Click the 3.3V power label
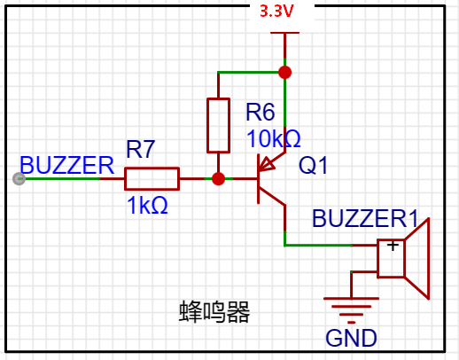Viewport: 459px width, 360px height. coord(276,12)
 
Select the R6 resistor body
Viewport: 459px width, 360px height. coord(218,126)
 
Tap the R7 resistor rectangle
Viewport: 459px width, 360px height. coord(152,178)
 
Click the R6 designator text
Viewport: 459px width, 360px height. coord(261,113)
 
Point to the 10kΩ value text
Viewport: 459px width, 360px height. coord(274,138)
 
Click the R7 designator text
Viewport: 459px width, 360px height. coord(141,149)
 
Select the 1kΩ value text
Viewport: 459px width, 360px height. coord(147,205)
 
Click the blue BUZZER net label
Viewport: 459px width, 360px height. coord(66,165)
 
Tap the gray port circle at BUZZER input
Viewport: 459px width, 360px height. coord(19,179)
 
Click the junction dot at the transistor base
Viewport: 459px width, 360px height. coord(218,179)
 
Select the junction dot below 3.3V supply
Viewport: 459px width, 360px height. coord(285,73)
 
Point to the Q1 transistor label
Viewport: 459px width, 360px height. coord(313,165)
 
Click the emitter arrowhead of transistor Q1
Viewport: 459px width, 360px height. coord(265,165)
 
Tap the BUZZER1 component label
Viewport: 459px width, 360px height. coord(365,219)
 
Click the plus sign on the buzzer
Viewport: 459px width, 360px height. coord(393,246)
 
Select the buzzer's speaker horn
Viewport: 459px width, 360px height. coord(417,259)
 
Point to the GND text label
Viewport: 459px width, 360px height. coord(351,338)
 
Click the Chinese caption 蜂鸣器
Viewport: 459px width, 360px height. coord(214,312)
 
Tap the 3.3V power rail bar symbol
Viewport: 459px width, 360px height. coord(285,33)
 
